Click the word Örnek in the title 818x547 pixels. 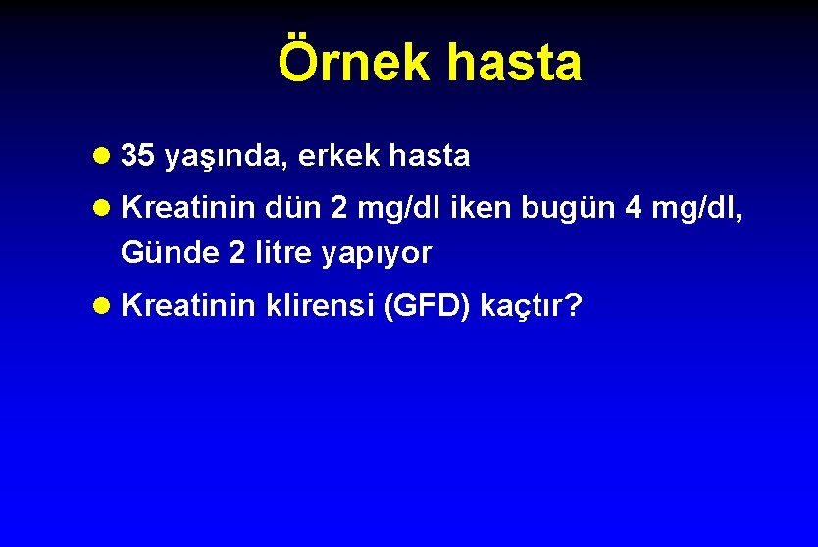(x=355, y=62)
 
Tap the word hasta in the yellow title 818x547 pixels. (x=514, y=62)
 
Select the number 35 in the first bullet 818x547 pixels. (x=137, y=155)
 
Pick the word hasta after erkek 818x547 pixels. (x=430, y=155)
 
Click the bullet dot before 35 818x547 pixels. (x=103, y=156)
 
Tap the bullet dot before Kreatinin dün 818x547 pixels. (x=103, y=209)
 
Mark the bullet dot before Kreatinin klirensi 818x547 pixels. (x=103, y=307)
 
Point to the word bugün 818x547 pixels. (x=565, y=209)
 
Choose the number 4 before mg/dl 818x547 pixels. (x=635, y=208)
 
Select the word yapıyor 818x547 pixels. (x=376, y=254)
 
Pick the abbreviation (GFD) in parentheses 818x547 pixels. (x=427, y=307)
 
